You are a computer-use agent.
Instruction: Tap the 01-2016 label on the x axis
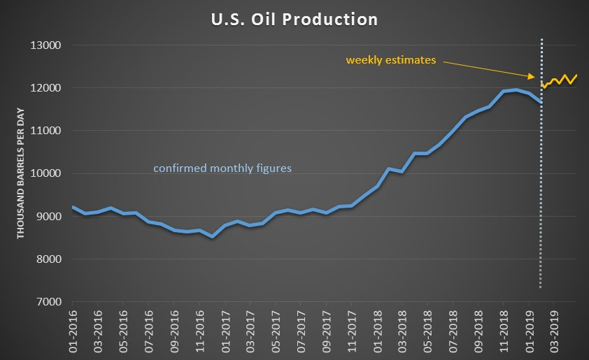[x=72, y=328]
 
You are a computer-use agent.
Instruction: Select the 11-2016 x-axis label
[x=199, y=328]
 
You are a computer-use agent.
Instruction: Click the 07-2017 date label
[x=301, y=328]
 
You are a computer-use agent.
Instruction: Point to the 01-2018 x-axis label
[x=377, y=328]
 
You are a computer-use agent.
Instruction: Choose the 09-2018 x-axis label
[x=478, y=328]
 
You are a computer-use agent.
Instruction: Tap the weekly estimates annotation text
[x=390, y=60]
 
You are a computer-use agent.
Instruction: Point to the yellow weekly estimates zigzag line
[x=560, y=80]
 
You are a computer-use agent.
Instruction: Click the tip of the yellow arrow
[x=536, y=77]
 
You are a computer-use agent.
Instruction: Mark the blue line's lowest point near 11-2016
[x=213, y=236]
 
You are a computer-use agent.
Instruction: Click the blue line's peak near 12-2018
[x=516, y=89]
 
